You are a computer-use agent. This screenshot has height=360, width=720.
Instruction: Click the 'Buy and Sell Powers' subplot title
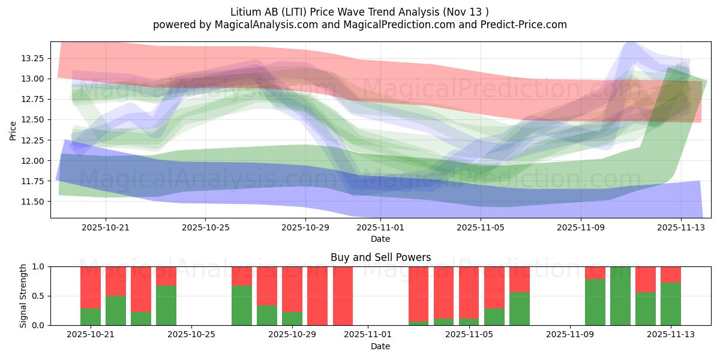(x=380, y=257)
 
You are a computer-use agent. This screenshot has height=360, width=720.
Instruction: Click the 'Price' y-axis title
(x=13, y=130)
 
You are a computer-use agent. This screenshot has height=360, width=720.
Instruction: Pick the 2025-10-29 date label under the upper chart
(x=305, y=227)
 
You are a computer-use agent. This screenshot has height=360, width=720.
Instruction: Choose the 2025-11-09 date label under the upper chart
(x=580, y=227)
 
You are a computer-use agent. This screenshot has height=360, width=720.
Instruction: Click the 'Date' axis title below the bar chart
(x=380, y=346)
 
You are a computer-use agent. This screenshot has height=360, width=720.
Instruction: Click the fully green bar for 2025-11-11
(x=620, y=296)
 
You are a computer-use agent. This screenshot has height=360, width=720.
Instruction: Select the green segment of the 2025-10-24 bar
(x=166, y=305)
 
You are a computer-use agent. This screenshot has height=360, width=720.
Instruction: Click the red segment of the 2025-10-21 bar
(x=91, y=287)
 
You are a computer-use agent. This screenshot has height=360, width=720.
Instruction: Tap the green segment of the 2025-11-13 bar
(x=671, y=304)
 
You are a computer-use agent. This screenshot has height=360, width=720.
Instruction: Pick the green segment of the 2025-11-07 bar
(x=520, y=309)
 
